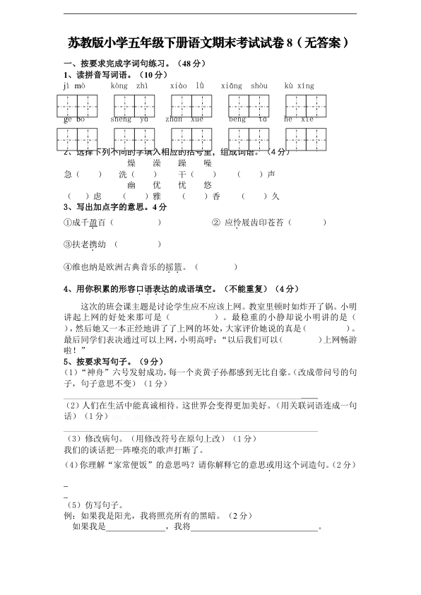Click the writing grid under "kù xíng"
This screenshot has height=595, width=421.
tap(305, 105)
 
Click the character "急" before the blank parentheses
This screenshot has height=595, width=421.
tap(68, 174)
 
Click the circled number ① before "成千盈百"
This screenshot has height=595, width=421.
tap(67, 223)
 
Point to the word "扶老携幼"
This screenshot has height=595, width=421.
tap(89, 245)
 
